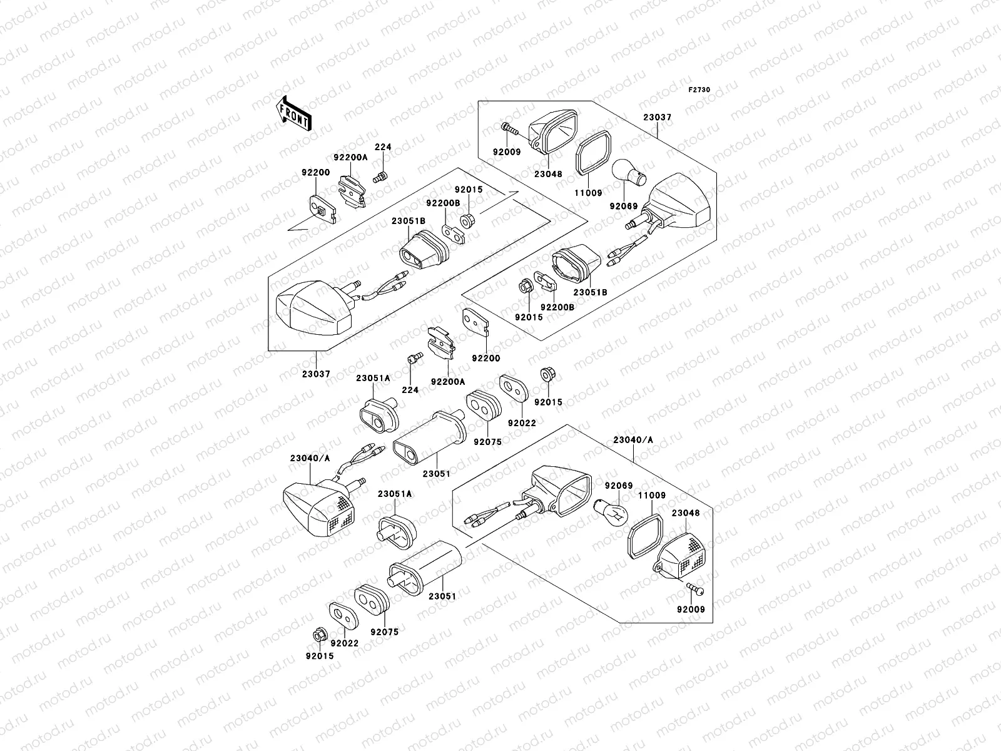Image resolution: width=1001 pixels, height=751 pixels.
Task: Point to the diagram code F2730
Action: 699,90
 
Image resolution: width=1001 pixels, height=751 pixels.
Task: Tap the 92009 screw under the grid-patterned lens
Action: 694,590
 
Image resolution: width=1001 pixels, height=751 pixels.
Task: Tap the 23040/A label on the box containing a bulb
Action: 633,440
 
